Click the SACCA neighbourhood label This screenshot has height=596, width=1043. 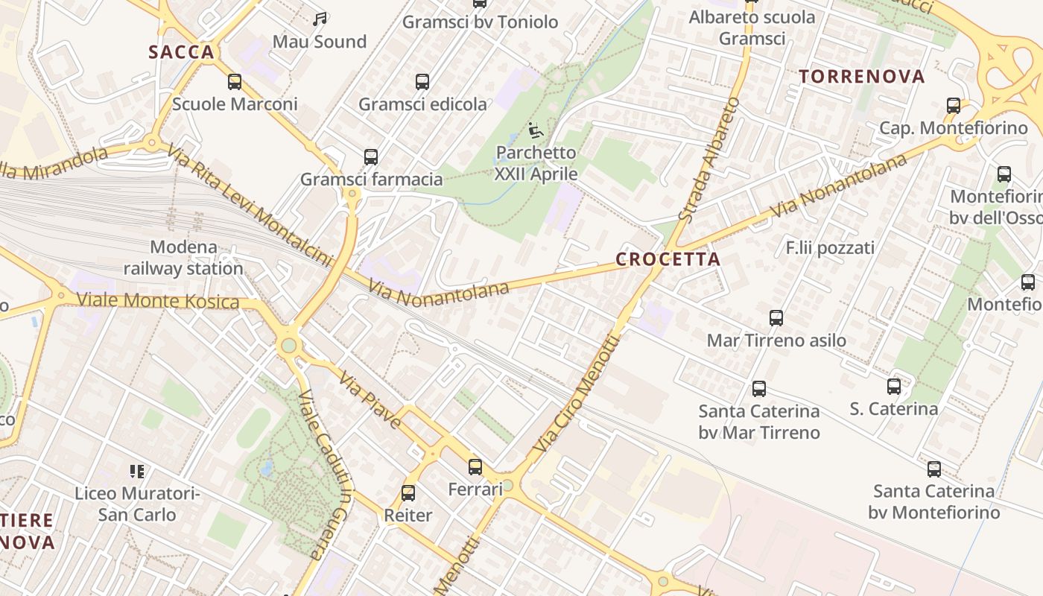click(x=181, y=52)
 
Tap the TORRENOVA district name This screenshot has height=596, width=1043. click(x=861, y=76)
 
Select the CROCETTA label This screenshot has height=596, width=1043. click(x=668, y=259)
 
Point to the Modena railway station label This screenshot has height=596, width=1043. click(x=183, y=258)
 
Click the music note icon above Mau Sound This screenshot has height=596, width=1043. click(x=320, y=19)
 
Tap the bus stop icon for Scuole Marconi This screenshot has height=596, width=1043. click(x=235, y=82)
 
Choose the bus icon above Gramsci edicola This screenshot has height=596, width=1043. click(x=422, y=82)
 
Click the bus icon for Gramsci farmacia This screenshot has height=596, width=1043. click(x=371, y=157)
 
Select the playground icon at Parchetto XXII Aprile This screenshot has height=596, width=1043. click(x=536, y=130)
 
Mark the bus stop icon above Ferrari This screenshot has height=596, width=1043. click(x=475, y=467)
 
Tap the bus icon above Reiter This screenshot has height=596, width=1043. click(x=408, y=492)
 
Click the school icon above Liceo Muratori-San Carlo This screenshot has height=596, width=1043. click(x=137, y=471)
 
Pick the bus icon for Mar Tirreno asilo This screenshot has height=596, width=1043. click(x=776, y=318)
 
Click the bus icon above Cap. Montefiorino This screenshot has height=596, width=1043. click(x=954, y=106)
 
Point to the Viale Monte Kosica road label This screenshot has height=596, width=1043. click(x=158, y=301)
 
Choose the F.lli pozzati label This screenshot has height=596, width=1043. click(x=830, y=247)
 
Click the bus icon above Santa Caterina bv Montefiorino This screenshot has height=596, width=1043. click(x=934, y=469)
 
